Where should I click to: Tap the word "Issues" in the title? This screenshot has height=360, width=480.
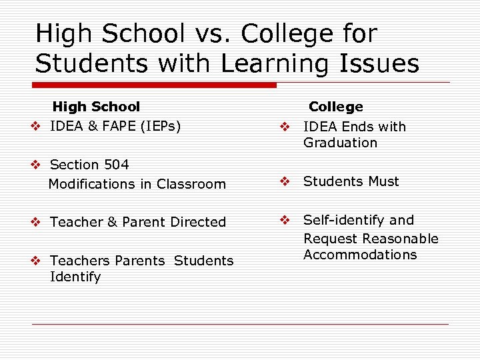pos(379,64)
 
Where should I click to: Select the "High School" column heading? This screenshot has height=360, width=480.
pos(96,107)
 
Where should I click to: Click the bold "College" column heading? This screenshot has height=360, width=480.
pos(336,107)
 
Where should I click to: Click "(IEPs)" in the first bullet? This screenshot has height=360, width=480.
pos(161,125)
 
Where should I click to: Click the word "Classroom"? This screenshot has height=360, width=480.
pos(195,184)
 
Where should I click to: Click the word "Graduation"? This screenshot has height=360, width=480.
pos(340,143)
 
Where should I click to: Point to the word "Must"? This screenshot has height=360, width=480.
pos(383,181)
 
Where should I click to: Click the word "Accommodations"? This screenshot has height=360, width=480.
pos(360,255)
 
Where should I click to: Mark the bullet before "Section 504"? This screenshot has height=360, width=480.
pos(40,165)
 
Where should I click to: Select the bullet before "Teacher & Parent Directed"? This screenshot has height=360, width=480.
pos(40,222)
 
